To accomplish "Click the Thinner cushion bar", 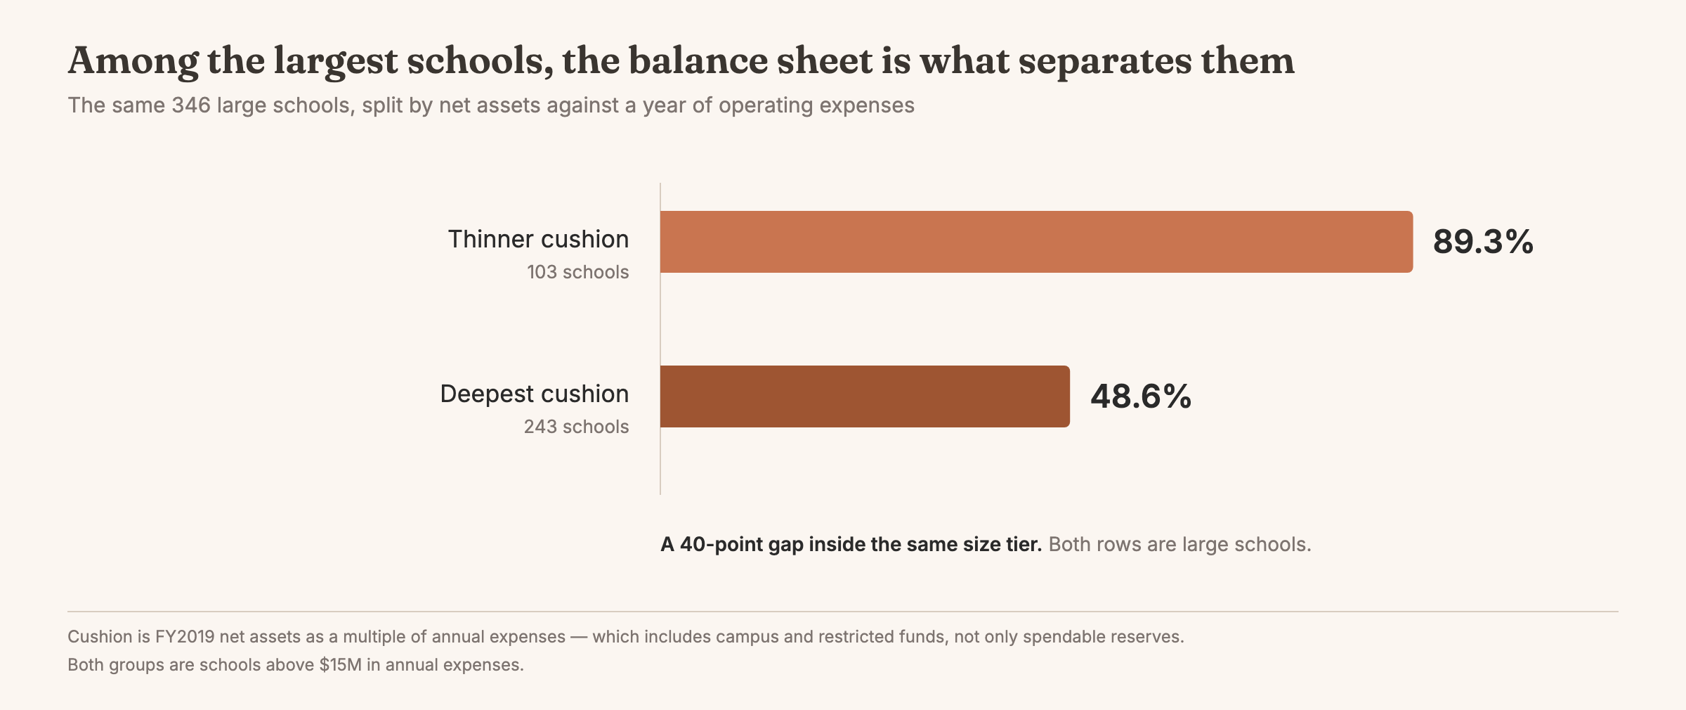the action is tap(1036, 242).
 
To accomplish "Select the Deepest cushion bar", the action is tap(865, 396).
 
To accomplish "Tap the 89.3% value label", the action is tap(1483, 242).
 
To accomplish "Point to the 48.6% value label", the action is tap(1141, 396).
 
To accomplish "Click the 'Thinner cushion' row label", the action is tap(538, 239).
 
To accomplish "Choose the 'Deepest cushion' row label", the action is tap(535, 394).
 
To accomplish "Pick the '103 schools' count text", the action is tap(578, 272).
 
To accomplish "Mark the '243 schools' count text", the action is tap(576, 427).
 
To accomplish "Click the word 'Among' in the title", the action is tap(133, 62).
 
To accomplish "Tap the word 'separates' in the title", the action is tap(1104, 62).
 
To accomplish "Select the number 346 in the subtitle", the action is tap(191, 105).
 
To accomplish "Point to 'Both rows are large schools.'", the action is tap(1180, 545).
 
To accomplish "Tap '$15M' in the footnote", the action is tap(341, 665).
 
